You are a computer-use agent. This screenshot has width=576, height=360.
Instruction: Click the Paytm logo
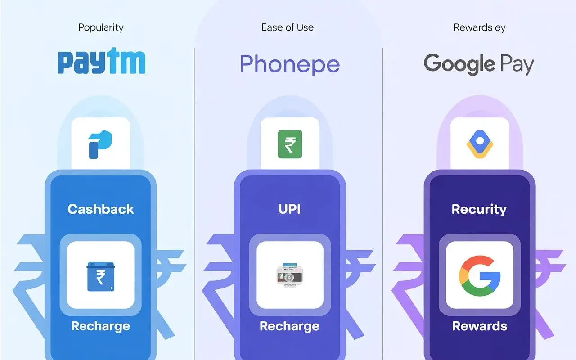tap(102, 62)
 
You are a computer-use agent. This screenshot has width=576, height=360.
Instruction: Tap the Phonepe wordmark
tap(289, 64)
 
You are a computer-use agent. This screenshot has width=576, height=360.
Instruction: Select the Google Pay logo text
tap(479, 64)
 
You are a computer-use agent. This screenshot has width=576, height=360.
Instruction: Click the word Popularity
tap(101, 27)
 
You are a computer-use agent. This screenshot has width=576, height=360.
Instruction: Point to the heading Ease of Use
tap(288, 27)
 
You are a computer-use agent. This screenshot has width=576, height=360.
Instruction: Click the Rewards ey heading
tap(479, 27)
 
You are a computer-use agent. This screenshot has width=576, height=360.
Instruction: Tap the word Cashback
tap(101, 209)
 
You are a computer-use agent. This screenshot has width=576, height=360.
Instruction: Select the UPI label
tap(290, 209)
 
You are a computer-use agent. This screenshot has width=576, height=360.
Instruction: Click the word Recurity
tap(479, 209)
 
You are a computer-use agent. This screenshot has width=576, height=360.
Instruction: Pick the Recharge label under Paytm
tap(101, 326)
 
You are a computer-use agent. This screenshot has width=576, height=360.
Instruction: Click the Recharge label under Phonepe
tap(290, 326)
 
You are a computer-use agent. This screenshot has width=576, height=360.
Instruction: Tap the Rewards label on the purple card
tap(479, 326)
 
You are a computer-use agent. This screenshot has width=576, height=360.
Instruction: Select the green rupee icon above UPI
tap(290, 144)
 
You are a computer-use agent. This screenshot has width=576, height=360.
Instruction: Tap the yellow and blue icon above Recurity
tap(480, 144)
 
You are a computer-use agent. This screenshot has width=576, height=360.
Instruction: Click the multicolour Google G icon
tap(480, 275)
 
